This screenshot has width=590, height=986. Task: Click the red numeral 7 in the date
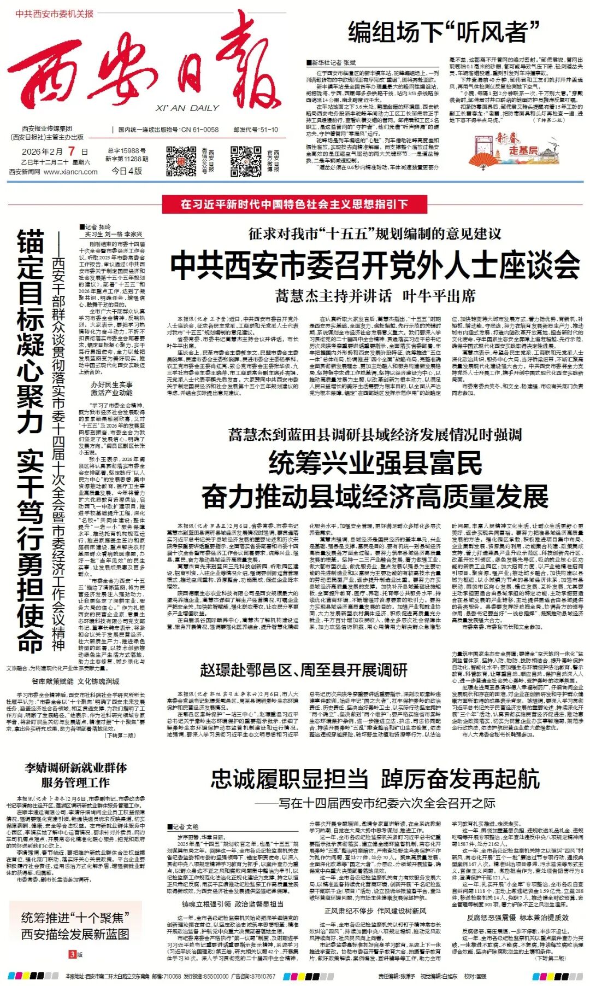[x=72, y=151]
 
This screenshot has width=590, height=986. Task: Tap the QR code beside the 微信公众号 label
[x=181, y=161]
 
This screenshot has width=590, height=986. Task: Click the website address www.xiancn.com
[x=70, y=172]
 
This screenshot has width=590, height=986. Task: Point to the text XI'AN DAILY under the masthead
[x=187, y=108]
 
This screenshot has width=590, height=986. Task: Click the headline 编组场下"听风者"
[x=444, y=32]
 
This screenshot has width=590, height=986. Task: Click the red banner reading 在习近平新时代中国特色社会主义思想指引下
[x=294, y=204]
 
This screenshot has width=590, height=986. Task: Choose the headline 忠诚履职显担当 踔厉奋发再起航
[x=375, y=779]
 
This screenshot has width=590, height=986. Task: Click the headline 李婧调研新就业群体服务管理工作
[x=75, y=774]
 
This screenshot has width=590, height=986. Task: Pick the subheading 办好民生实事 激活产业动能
[x=111, y=389]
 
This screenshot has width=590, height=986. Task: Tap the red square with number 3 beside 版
[x=72, y=955]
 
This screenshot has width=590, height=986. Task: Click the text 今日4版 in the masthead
[x=127, y=171]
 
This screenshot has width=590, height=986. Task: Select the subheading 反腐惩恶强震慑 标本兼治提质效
[x=517, y=918]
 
